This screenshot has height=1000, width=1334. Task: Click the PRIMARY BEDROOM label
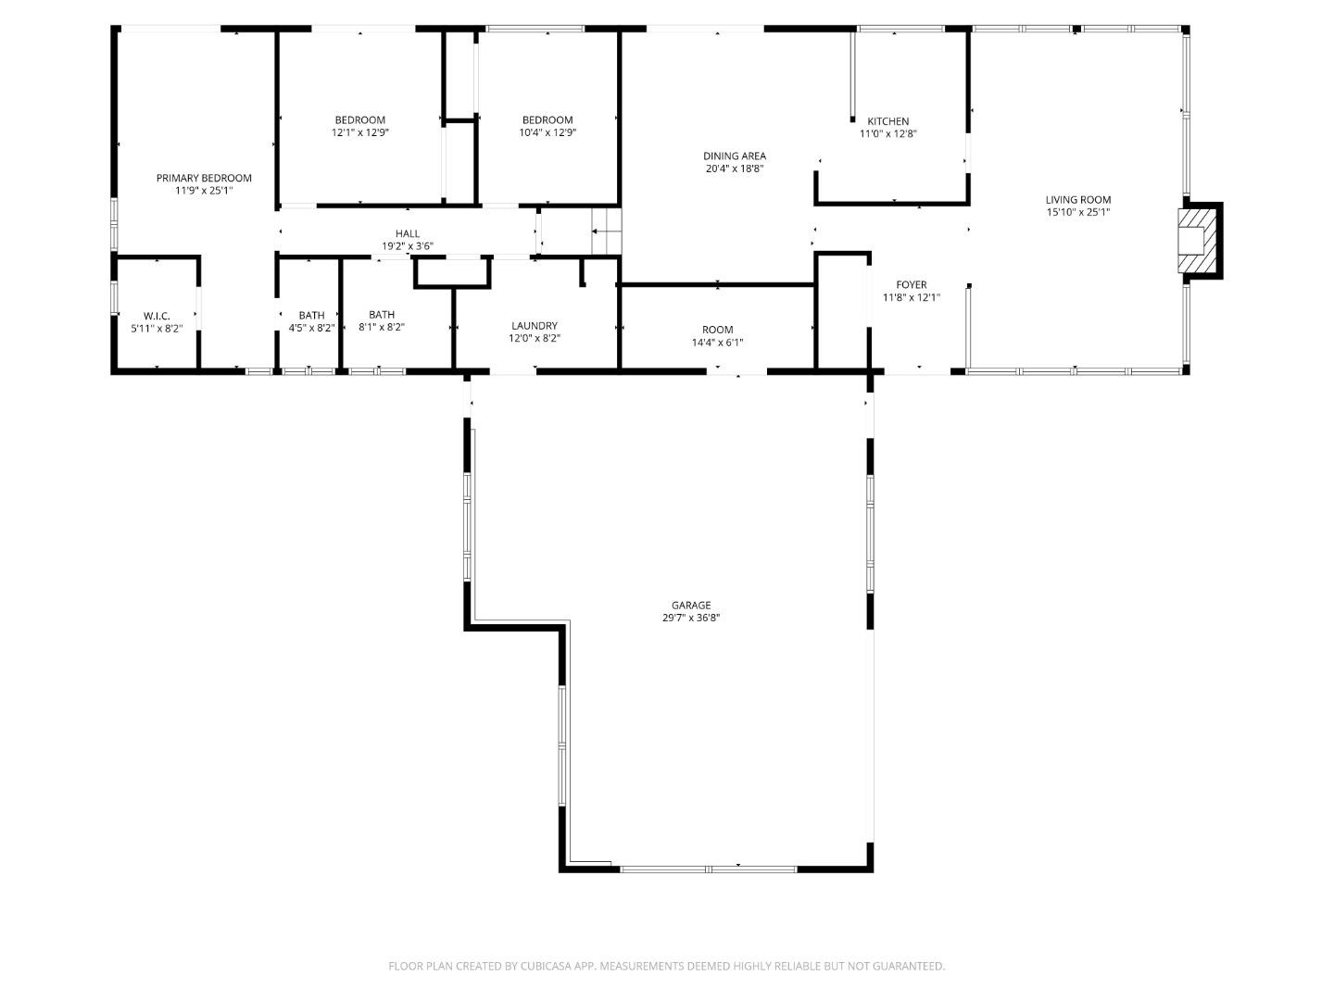pos(203,178)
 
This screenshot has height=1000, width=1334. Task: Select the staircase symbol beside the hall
pos(606,230)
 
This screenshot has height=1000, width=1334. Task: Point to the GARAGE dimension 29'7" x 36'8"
pos(691,618)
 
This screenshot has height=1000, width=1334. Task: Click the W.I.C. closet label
pos(157,316)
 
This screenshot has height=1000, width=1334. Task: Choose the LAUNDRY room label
pos(535,326)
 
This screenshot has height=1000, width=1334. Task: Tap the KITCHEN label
pos(887,121)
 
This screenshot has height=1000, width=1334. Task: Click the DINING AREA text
pos(735,156)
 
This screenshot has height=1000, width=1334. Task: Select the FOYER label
pos(911,285)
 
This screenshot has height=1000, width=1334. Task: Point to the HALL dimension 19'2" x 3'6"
pos(408,246)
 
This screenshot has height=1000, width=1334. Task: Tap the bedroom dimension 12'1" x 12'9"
pos(360,132)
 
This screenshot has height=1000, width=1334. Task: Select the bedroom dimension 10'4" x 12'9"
pos(547,132)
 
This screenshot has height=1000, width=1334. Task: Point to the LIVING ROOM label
pos(1078,199)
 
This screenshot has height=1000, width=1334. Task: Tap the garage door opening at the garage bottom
pos(709,869)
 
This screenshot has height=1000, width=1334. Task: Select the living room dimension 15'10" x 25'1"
pos(1078,212)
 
